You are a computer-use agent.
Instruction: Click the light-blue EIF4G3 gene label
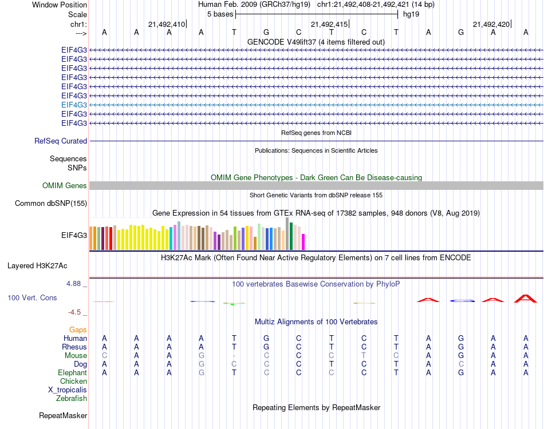pyautogui.click(x=74, y=105)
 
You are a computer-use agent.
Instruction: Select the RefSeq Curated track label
pyautogui.click(x=61, y=141)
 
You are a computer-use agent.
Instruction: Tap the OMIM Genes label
pyautogui.click(x=65, y=185)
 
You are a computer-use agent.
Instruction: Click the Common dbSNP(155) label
pyautogui.click(x=51, y=203)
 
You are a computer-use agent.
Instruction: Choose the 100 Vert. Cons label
pyautogui.click(x=32, y=298)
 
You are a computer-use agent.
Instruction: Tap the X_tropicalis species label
pyautogui.click(x=68, y=390)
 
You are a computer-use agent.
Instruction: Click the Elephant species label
pyautogui.click(x=73, y=372)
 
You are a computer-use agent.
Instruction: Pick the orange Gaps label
pyautogui.click(x=78, y=329)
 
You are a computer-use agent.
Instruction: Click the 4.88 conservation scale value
pyautogui.click(x=74, y=283)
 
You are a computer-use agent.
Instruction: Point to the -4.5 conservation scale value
pyautogui.click(x=75, y=312)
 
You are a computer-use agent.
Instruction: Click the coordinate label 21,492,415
pyautogui.click(x=329, y=24)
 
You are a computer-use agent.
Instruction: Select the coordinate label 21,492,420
pyautogui.click(x=491, y=24)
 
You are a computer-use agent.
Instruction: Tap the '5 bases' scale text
pyautogui.click(x=220, y=14)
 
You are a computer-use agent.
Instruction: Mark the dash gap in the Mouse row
pyautogui.click(x=234, y=355)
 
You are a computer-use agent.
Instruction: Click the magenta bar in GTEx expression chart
pyautogui.click(x=303, y=241)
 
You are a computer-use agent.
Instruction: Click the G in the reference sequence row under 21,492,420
pyautogui.click(x=461, y=33)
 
